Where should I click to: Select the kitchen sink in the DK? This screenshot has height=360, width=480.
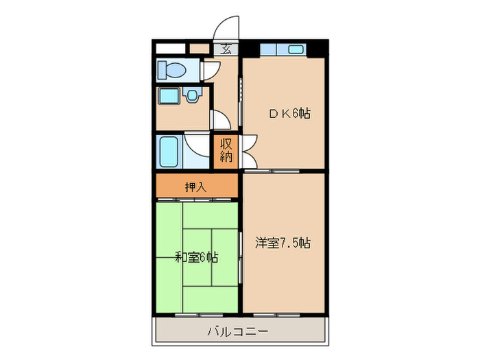[x=296, y=49]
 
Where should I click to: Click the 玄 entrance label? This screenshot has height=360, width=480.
[x=226, y=49]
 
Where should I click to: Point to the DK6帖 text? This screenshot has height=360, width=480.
[x=289, y=114]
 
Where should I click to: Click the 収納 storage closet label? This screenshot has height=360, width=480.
[x=226, y=151]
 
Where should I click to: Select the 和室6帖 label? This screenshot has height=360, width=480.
[x=196, y=258]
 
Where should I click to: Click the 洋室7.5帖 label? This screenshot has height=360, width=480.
[x=283, y=243]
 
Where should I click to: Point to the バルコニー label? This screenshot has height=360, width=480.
[x=238, y=331]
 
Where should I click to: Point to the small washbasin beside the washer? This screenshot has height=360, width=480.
[x=193, y=95]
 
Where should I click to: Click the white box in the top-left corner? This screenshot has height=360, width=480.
[x=170, y=49]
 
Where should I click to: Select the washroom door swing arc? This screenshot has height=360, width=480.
[x=221, y=120]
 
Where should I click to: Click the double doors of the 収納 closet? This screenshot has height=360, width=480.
[x=247, y=151]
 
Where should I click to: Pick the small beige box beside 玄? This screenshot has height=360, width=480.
[x=200, y=49]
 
